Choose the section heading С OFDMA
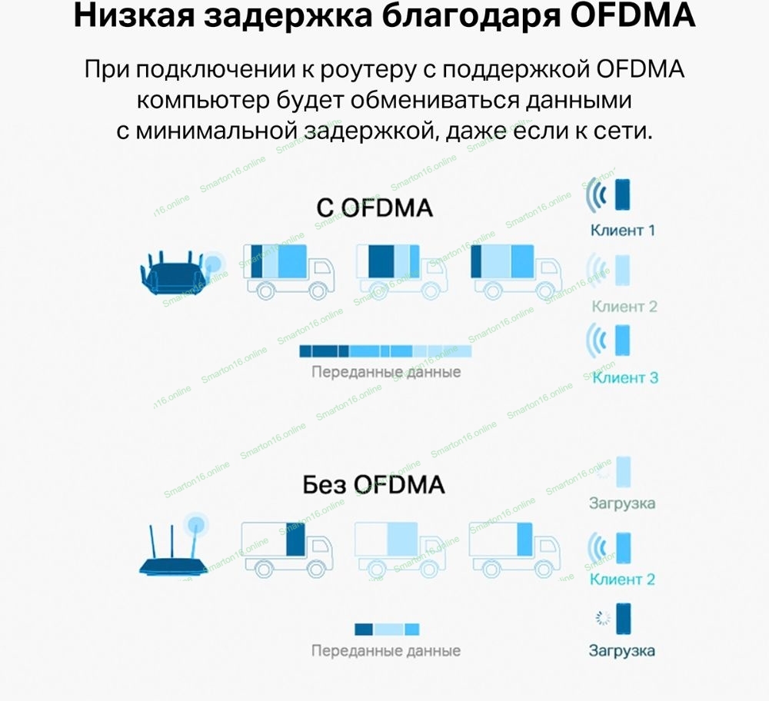375,208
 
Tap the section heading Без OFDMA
374,485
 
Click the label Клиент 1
623,229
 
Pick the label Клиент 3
625,377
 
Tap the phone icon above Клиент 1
621,195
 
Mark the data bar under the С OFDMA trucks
384,351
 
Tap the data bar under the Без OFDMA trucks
387,629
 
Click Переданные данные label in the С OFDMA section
385,372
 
